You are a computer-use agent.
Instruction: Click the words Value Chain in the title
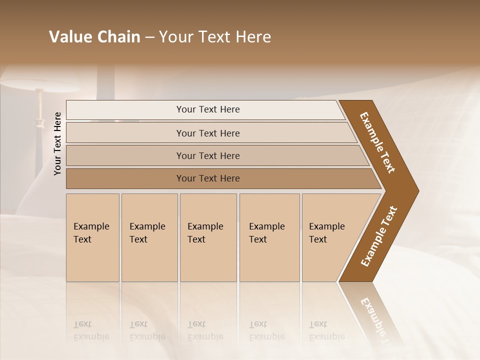[x=94, y=37]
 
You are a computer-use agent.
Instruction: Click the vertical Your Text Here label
[x=57, y=143]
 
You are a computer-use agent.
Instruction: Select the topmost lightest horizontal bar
[x=205, y=109]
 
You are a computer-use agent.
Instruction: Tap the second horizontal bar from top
[x=208, y=133]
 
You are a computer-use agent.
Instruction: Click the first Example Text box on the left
[x=92, y=237]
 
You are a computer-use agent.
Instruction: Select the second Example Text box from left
[x=149, y=237]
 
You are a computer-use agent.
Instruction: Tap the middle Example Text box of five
[x=208, y=237]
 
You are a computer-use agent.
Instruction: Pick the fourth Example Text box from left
[x=269, y=237]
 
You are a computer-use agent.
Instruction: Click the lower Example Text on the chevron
[x=379, y=236]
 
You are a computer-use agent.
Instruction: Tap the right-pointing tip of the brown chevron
[x=415, y=190]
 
